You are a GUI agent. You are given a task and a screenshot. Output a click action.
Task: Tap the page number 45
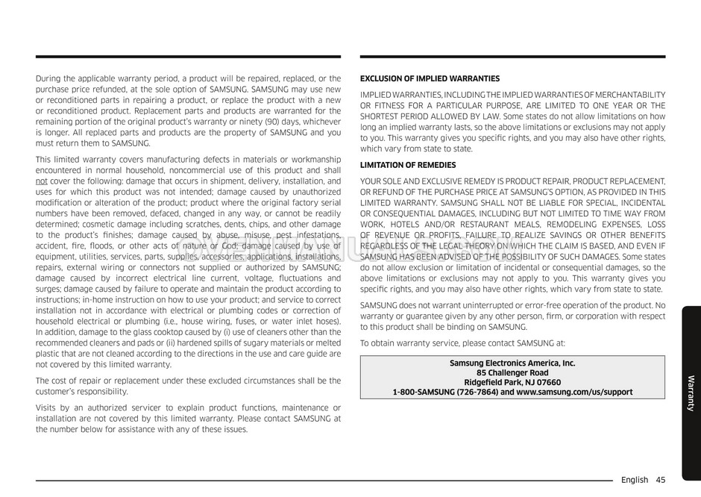pos(661,480)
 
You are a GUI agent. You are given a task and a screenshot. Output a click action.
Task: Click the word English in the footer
pos(634,480)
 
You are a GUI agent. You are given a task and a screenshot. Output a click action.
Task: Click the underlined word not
pos(42,181)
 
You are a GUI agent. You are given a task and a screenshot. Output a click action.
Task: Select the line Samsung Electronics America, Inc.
pos(512,363)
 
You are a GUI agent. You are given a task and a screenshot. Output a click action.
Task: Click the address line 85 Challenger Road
pos(512,372)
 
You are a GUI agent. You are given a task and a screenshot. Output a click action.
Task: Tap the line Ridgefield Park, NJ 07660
pos(512,382)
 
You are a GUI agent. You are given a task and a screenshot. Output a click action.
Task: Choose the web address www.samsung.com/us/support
pos(574,392)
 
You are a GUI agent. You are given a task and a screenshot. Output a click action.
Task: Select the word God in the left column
pos(230,246)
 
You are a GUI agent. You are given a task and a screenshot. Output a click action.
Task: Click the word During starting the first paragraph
pos(50,78)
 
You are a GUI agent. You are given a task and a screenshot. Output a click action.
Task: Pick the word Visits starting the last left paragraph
pos(48,407)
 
